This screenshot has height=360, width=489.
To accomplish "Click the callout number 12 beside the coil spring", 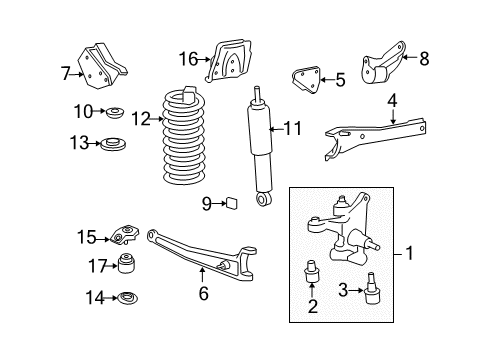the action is click(141, 119).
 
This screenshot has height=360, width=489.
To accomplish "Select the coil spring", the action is click(183, 136).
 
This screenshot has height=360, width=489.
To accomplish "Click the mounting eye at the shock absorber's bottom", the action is click(264, 199).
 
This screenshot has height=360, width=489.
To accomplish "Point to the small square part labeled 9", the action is click(231, 203).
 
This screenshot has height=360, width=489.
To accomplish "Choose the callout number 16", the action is click(188, 59).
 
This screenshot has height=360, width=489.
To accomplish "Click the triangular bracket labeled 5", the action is click(306, 80).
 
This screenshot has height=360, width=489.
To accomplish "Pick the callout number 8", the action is click(424, 59).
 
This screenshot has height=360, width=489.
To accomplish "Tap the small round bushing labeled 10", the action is click(115, 112).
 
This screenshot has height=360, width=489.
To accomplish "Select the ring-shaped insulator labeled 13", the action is click(113, 144).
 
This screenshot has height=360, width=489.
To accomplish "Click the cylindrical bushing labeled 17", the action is click(127, 263).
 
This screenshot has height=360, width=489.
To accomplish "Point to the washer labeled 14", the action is click(128, 298).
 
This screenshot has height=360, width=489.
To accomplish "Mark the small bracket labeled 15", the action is click(124, 234).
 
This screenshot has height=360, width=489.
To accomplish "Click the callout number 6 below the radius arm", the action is click(203, 293).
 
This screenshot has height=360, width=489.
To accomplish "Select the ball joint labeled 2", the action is click(312, 271).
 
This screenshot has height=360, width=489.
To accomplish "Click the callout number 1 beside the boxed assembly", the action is click(410, 253).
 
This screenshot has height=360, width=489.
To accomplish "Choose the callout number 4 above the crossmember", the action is click(393, 101).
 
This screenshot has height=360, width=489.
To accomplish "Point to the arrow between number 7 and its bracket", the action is click(76, 74).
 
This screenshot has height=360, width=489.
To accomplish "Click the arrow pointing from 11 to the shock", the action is click(276, 129).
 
